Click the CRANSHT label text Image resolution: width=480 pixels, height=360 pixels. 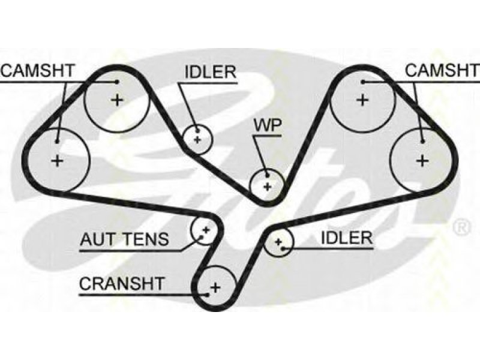coord(122,283)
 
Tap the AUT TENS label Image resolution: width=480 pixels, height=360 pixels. coord(124,239)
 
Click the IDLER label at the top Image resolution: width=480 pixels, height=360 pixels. coord(211,72)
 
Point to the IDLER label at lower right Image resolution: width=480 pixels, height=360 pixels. coord(347,238)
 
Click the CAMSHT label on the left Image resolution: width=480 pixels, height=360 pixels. coord(37,70)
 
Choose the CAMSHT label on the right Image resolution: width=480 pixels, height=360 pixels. coord(442,70)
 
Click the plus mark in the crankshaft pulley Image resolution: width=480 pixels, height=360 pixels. coord(216,287)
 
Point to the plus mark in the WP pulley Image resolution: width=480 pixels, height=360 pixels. coord(268,186)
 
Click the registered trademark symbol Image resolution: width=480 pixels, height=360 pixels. coord(461,227)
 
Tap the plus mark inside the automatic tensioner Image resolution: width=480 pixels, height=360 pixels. coord(205,229)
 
